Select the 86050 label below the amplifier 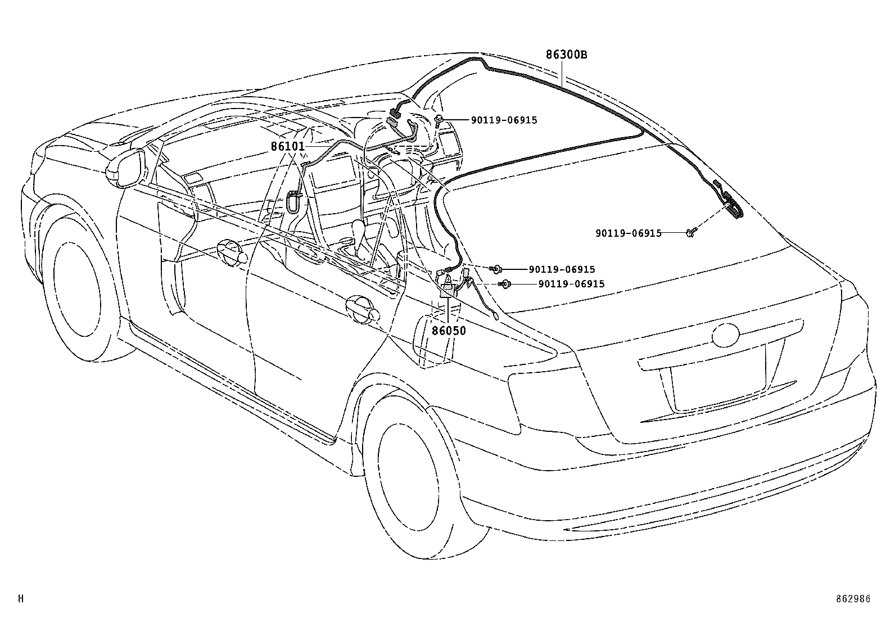[449, 331]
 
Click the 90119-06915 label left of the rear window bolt [628, 233]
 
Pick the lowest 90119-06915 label [571, 284]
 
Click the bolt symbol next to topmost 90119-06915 [439, 119]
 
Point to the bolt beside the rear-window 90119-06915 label [691, 232]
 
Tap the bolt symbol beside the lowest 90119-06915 [505, 285]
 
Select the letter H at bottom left [21, 599]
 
